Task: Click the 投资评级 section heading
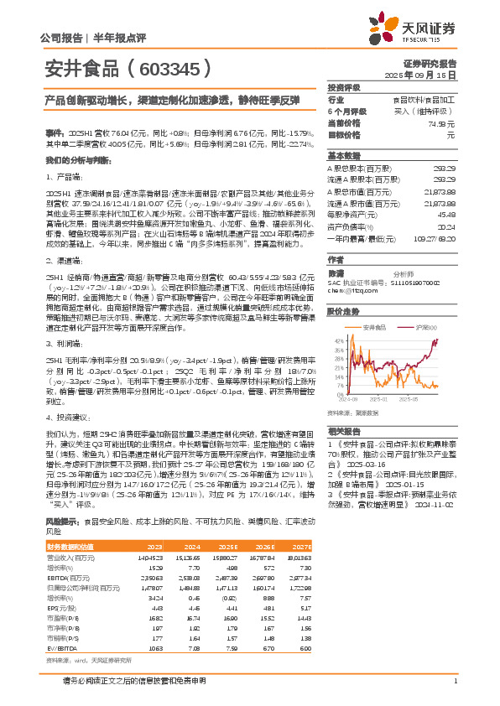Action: pyautogui.click(x=343, y=87)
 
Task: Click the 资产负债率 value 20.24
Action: pyautogui.click(x=446, y=226)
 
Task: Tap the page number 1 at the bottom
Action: pyautogui.click(x=455, y=680)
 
